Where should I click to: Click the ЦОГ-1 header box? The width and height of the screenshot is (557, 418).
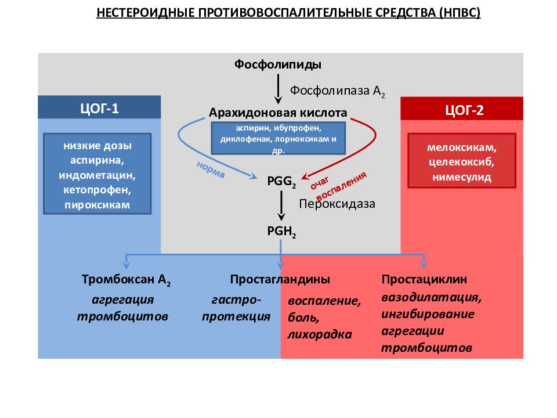click(99, 107)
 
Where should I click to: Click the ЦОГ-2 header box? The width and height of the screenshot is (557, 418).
click(462, 109)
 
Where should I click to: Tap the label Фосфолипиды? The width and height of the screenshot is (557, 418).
click(278, 64)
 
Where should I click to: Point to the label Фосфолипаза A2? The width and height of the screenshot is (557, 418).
click(338, 91)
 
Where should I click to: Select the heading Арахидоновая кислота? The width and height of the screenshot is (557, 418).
click(278, 113)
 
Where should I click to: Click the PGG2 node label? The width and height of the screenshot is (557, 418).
click(281, 181)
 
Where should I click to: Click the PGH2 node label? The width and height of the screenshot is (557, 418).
click(281, 232)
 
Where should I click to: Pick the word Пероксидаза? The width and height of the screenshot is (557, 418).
click(337, 204)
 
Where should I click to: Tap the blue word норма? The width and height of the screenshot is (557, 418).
click(211, 170)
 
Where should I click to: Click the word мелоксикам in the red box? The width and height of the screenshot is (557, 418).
click(461, 147)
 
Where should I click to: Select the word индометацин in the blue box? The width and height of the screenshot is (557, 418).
click(97, 175)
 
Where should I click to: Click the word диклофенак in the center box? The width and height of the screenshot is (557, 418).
click(246, 139)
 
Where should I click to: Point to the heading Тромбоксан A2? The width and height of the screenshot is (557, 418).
click(126, 280)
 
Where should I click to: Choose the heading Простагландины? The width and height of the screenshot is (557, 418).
click(280, 279)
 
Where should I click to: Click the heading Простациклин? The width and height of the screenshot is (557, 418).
click(424, 279)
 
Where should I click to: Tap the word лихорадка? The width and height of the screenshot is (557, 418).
click(320, 334)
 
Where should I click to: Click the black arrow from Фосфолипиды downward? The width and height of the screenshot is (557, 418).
click(278, 89)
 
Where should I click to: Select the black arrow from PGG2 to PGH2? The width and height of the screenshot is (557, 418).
click(281, 206)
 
